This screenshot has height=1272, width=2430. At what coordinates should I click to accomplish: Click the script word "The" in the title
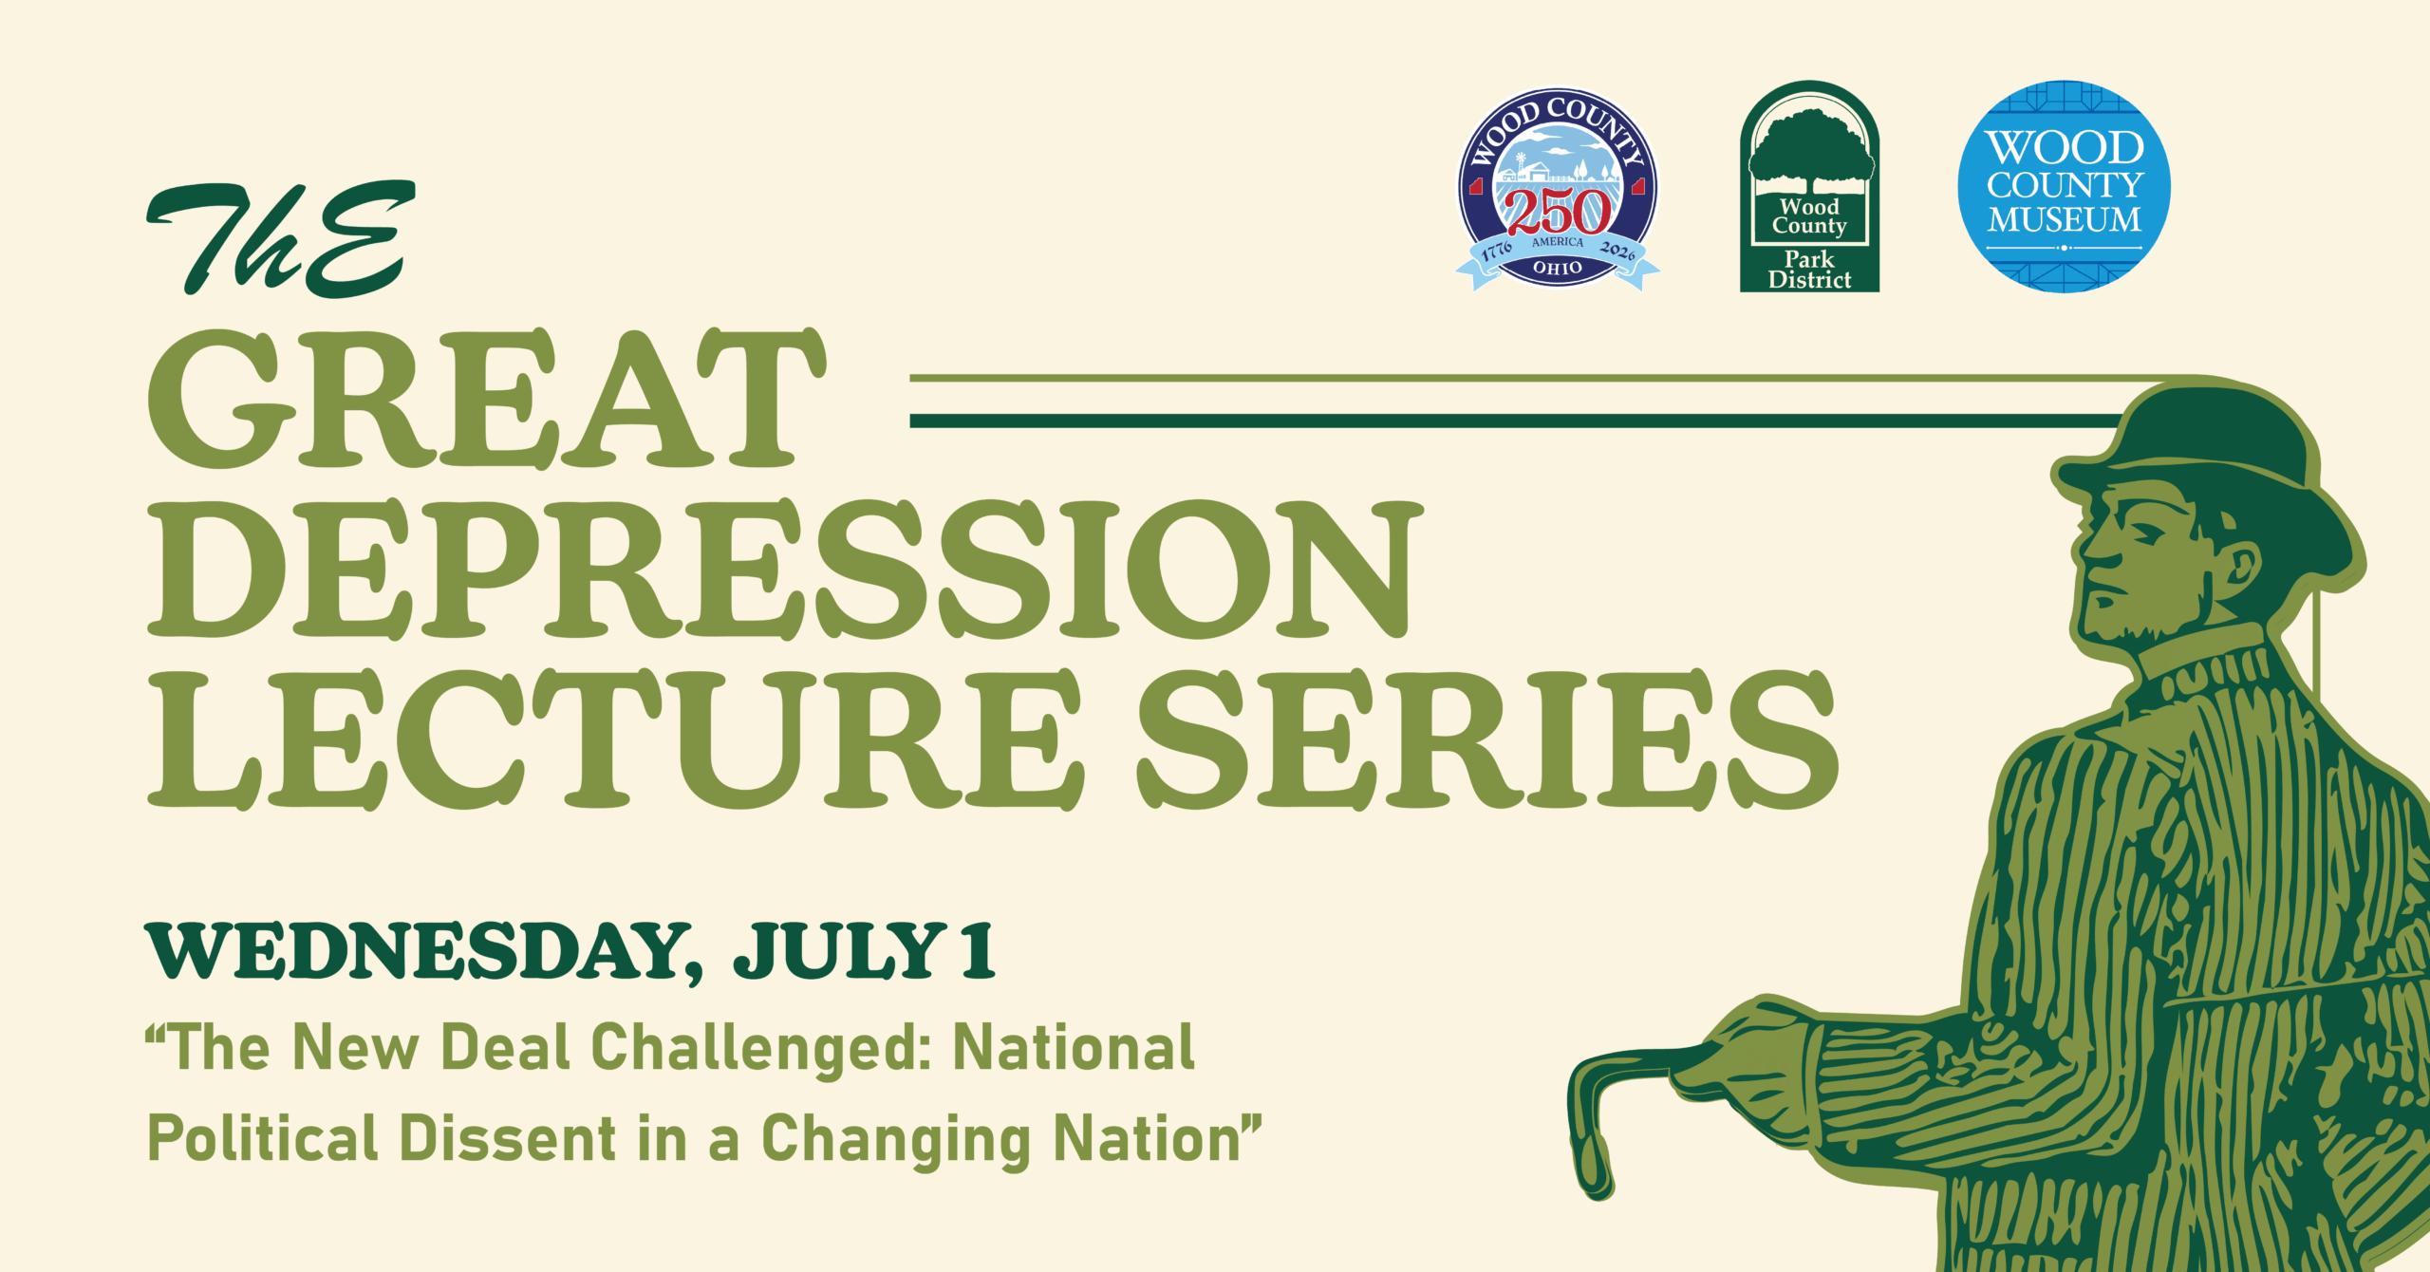[281, 238]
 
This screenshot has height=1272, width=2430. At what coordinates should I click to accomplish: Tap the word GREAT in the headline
[487, 399]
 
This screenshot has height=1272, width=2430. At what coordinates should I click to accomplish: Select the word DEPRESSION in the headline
[786, 570]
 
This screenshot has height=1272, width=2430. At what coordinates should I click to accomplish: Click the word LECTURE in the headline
[616, 739]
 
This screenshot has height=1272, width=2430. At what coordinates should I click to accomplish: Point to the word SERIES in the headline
[1488, 739]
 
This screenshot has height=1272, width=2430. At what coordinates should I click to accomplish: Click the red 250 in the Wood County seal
[1559, 212]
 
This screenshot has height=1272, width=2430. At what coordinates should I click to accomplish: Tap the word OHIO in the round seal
[1558, 269]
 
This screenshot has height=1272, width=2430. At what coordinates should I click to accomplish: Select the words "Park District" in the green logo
[1809, 270]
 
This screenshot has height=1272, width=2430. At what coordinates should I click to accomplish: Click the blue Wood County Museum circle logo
[2065, 186]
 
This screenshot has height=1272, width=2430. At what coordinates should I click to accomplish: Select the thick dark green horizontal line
[1519, 421]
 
